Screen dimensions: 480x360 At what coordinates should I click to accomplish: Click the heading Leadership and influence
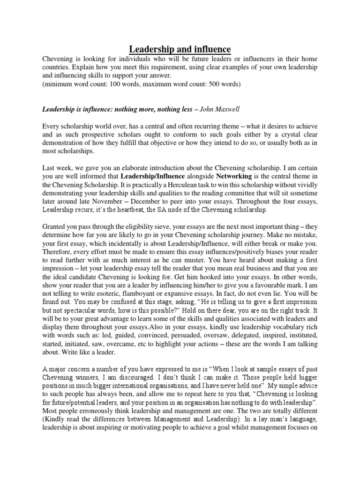(180, 49)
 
